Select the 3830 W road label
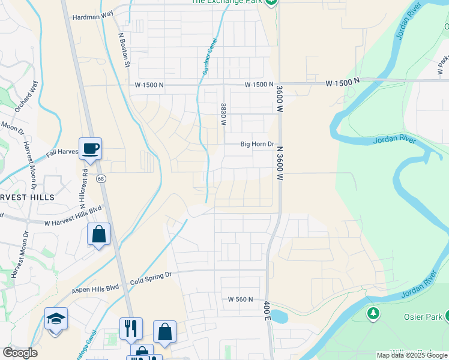point(223,114)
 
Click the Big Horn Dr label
point(257,144)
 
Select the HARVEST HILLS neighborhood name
point(27,197)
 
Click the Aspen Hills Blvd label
point(97,289)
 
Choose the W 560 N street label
point(240,299)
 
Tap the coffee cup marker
point(90,149)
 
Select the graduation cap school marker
point(56,319)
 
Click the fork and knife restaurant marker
point(131,328)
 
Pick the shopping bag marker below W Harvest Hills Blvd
point(98,234)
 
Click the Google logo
point(20,353)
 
